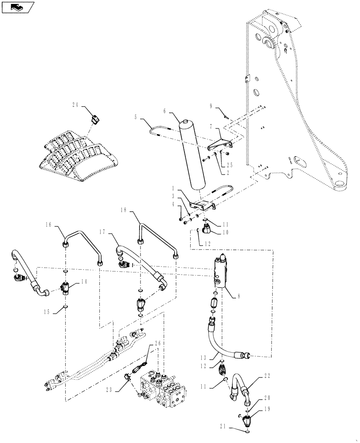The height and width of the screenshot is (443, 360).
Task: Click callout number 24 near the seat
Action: (x=75, y=105)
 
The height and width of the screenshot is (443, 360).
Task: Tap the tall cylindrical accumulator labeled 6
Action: (x=191, y=155)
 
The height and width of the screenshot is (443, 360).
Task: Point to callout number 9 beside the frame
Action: (x=211, y=106)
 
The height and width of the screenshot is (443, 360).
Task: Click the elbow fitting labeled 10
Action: (x=207, y=229)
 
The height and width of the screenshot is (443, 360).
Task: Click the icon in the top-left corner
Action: (x=18, y=8)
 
